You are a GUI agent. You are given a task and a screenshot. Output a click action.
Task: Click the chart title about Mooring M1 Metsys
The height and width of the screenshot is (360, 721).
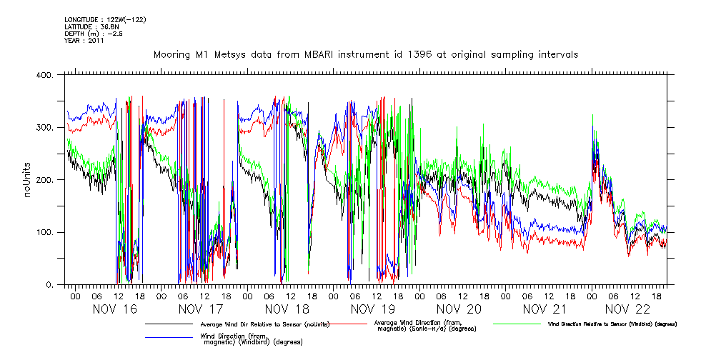(x=365, y=54)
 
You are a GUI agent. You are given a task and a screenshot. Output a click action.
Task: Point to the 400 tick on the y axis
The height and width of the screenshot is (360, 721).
(x=45, y=75)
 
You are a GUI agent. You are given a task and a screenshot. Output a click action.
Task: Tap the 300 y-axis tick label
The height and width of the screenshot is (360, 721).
(x=45, y=128)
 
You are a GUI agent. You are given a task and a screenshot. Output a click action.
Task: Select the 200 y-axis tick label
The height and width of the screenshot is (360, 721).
(x=45, y=180)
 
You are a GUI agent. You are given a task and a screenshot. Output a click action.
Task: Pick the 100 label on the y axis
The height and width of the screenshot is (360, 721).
(x=45, y=233)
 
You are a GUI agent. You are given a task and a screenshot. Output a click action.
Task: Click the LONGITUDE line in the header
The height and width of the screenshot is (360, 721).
(x=105, y=20)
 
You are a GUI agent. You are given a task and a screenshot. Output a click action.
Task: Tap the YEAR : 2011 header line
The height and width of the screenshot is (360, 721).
(x=84, y=41)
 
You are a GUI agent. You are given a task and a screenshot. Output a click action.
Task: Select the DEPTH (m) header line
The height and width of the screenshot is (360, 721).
(x=94, y=34)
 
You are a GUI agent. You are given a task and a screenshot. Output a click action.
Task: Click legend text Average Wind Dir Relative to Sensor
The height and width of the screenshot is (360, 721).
(x=265, y=325)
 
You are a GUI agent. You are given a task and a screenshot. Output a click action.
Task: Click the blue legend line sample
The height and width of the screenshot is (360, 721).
(x=169, y=338)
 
